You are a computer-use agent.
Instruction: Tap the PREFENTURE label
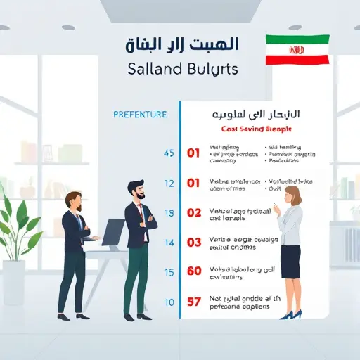pos(139,114)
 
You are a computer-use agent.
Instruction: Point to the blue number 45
pos(168,153)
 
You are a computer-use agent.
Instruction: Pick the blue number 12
pos(168,184)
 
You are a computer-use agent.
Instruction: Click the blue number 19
pos(168,213)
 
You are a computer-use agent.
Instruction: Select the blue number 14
pos(168,243)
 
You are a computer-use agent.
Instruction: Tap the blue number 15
pos(168,272)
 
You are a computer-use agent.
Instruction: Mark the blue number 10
pos(168,302)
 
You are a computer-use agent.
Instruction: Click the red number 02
pos(195,212)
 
